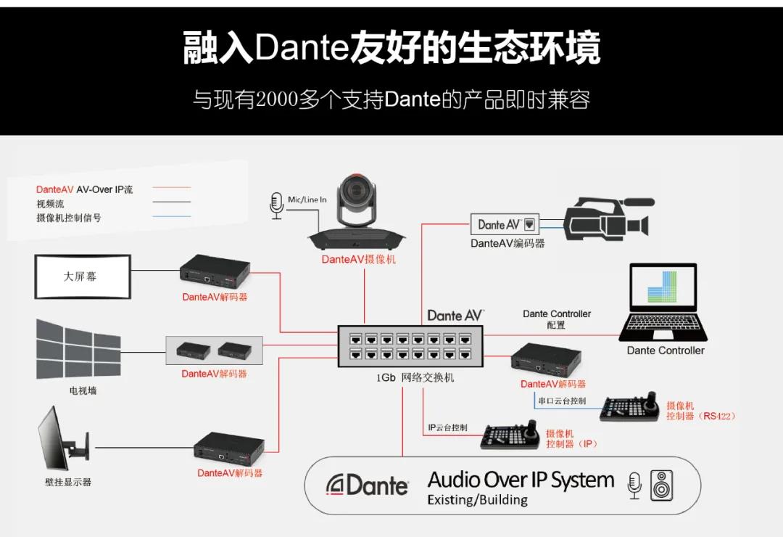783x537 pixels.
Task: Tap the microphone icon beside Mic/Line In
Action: [275, 205]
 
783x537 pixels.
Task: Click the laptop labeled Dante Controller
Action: [664, 305]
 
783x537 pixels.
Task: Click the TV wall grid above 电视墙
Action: [78, 349]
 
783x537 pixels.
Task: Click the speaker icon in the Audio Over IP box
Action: [661, 485]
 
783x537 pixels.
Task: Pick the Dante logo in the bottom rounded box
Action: [368, 485]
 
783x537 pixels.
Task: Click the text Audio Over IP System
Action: [521, 480]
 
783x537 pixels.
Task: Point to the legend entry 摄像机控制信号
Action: [69, 218]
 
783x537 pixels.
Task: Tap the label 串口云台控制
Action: [562, 401]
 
